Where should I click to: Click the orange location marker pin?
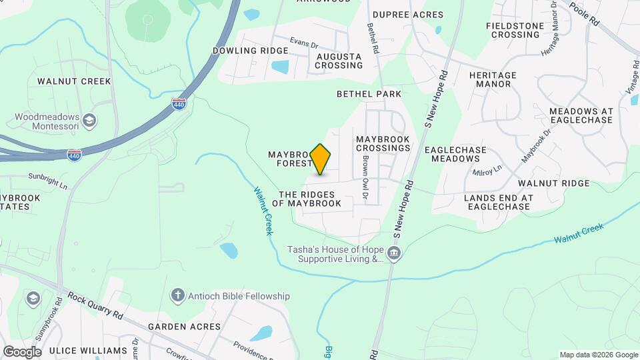(321, 159)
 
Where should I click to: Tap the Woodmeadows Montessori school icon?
(90, 121)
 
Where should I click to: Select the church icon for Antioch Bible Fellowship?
(177, 295)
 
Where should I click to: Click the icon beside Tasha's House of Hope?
(394, 253)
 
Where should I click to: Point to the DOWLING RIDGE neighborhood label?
(251, 51)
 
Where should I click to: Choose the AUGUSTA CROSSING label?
(339, 61)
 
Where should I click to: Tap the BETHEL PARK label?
(369, 94)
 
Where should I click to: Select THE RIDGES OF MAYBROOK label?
(311, 198)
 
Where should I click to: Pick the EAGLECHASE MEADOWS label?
(455, 154)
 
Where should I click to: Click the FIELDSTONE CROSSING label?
(513, 30)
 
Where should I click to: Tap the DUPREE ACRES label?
(408, 15)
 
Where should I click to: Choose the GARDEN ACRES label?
(184, 327)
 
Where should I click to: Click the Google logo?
(22, 351)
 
